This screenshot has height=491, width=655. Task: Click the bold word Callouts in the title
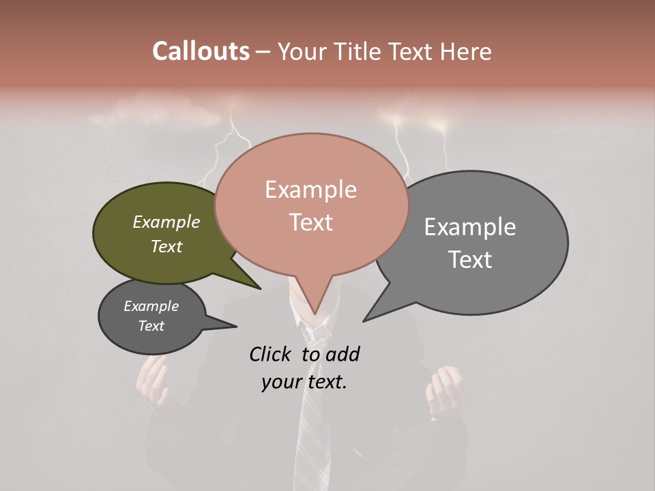click(x=201, y=51)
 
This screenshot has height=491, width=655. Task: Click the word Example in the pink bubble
click(x=310, y=190)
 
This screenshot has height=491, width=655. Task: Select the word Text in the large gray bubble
click(x=470, y=260)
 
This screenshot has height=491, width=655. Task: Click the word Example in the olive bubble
click(x=166, y=222)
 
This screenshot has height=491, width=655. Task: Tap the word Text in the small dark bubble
click(x=151, y=326)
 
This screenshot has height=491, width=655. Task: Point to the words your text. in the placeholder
click(x=304, y=382)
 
